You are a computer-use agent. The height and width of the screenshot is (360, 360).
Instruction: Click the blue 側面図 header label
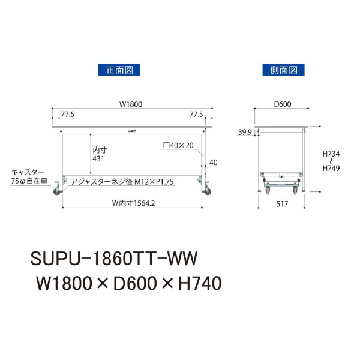(283, 70)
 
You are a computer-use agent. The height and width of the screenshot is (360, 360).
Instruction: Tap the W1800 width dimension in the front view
(130, 104)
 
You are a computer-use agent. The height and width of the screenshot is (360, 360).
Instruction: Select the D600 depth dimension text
(282, 104)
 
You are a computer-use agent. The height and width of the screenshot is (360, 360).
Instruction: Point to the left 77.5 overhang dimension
(67, 113)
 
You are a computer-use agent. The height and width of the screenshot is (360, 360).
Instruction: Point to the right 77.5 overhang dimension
(196, 113)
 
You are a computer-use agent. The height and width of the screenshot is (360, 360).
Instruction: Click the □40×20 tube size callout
(179, 145)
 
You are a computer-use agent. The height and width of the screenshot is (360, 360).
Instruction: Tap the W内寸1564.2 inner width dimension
(130, 202)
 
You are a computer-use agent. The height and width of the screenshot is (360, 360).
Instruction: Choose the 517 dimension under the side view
(282, 203)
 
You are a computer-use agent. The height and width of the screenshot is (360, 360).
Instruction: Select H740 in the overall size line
(196, 281)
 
